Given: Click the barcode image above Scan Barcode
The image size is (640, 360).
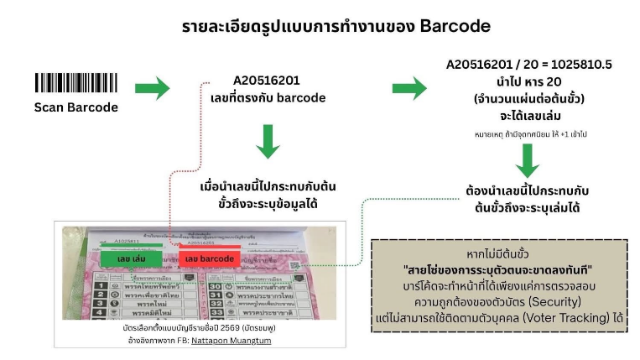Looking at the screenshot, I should (76, 83).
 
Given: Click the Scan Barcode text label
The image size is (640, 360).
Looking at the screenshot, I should (76, 107).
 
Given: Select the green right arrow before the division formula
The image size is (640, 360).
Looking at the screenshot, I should (409, 87).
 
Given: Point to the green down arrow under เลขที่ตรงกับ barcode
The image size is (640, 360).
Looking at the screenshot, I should (267, 141).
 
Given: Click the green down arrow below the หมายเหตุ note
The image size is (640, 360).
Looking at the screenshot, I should (527, 159).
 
